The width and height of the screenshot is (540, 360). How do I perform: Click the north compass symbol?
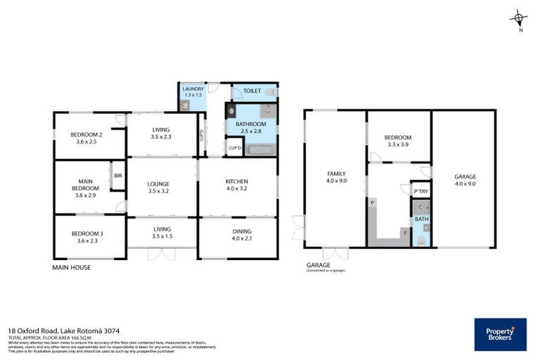tap(519, 19)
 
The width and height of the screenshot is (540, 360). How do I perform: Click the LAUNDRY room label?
tap(193, 89)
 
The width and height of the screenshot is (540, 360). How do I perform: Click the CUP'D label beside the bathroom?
tap(234, 148)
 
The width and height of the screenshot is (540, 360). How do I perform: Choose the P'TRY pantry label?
tap(420, 191)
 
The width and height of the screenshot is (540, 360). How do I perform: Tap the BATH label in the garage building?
tap(420, 219)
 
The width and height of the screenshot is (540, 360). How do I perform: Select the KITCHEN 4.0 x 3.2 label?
tap(237, 185)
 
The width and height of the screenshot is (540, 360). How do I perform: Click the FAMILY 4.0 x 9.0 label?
tap(335, 176)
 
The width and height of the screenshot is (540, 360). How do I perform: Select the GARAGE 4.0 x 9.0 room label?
tap(465, 180)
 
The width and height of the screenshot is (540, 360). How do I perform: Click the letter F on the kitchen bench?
tap(404, 231)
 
